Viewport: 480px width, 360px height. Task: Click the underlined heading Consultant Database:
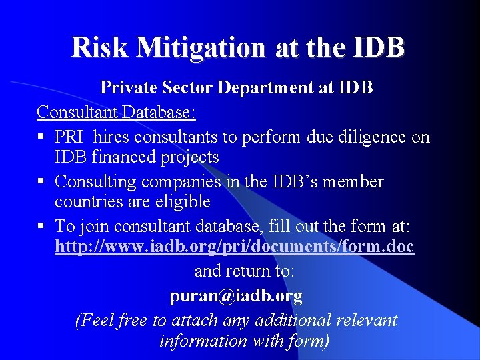pyautogui.click(x=117, y=111)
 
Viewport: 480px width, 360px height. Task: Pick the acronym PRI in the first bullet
pyautogui.click(x=69, y=137)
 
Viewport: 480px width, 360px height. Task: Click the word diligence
pyautogui.click(x=376, y=137)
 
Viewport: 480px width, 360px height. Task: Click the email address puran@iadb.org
pyautogui.click(x=236, y=295)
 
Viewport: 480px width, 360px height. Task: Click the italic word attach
pyautogui.click(x=194, y=320)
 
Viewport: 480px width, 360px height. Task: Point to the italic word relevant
pyautogui.click(x=366, y=320)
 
